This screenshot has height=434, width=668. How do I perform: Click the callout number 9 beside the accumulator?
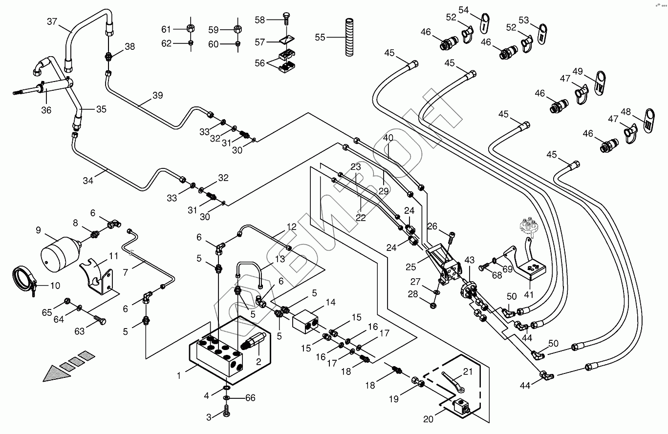click(38, 230)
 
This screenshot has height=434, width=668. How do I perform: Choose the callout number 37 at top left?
click(52, 21)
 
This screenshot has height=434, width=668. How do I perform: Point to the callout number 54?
click(463, 10)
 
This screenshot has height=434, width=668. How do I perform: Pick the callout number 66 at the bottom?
click(250, 398)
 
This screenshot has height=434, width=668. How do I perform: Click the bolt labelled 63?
click(100, 321)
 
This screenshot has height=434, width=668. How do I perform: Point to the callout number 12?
click(292, 227)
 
